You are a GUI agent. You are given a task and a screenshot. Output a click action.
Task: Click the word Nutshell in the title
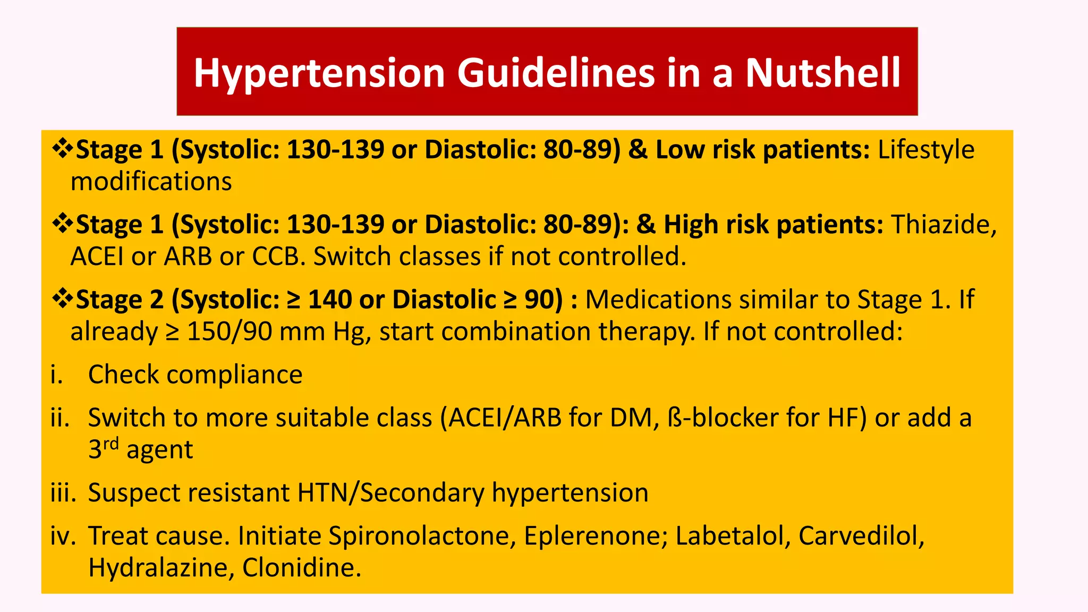click(x=822, y=73)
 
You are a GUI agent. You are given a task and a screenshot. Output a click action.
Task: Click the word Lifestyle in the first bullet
click(x=926, y=150)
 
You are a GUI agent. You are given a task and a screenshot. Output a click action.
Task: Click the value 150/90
click(x=229, y=331)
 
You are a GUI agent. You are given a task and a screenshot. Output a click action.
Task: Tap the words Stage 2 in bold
click(x=120, y=300)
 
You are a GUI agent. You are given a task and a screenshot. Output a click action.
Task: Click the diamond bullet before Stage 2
click(x=63, y=299)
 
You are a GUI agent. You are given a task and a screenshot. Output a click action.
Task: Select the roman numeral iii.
click(x=63, y=492)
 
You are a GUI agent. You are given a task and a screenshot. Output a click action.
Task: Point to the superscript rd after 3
click(x=110, y=444)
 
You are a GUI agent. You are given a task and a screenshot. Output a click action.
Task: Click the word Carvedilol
click(x=861, y=535)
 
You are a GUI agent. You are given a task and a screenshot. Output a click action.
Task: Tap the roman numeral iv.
click(x=63, y=535)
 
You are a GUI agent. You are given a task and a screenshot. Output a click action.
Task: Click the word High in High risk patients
click(x=691, y=225)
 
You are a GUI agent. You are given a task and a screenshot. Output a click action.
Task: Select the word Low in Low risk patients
click(x=679, y=150)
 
